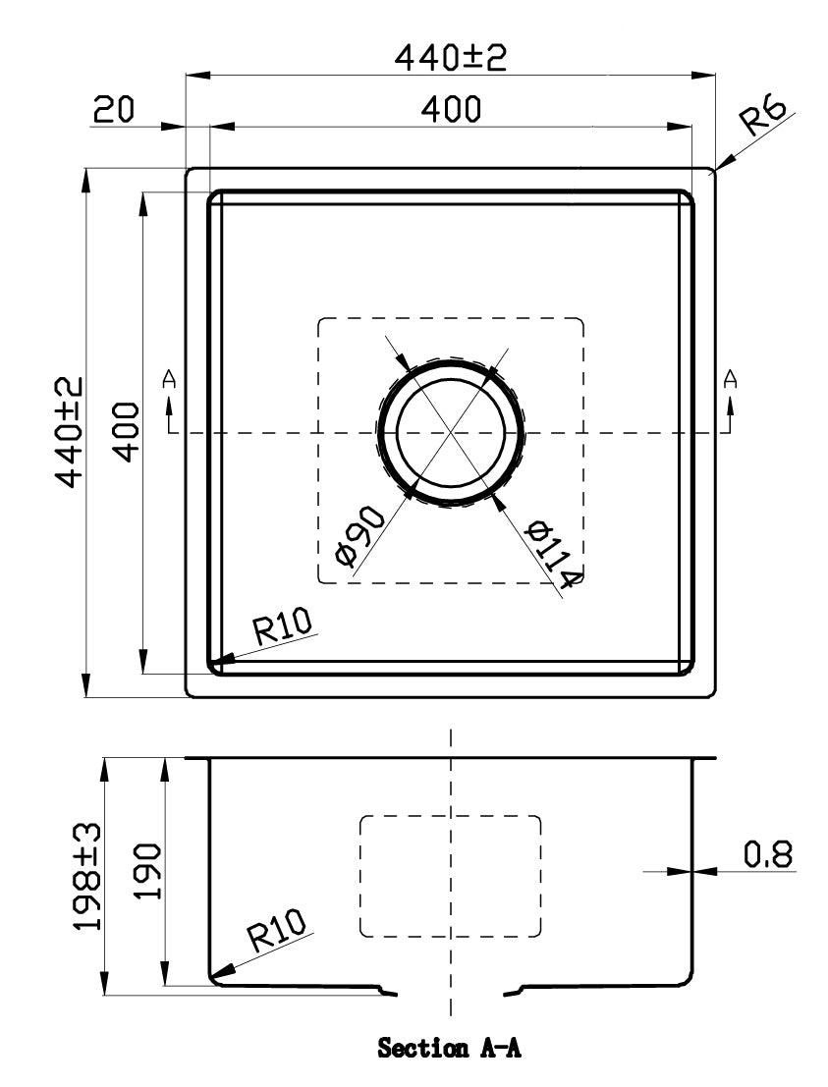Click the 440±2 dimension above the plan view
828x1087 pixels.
(450, 58)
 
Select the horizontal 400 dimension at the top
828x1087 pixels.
(451, 110)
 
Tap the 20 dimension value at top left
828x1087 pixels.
(114, 110)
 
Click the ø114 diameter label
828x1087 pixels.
(551, 557)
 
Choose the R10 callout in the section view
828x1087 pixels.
(278, 931)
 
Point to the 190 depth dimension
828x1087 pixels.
(146, 872)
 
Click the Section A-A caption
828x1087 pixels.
(449, 1050)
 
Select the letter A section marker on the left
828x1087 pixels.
(170, 378)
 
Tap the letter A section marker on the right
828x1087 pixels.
(730, 378)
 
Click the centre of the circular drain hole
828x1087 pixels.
(451, 432)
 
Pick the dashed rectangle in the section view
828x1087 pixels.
(451, 875)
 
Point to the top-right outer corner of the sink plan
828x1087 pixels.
(714, 169)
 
